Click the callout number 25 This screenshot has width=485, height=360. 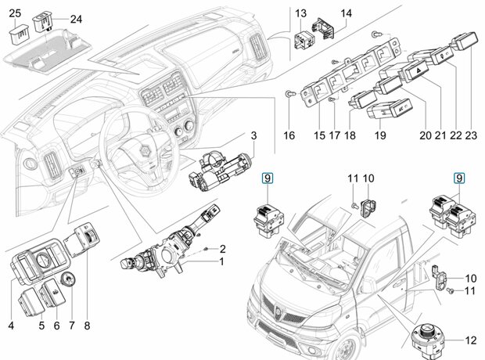(x=15, y=13)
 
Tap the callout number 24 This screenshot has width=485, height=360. (x=77, y=20)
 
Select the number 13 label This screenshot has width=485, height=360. (x=300, y=13)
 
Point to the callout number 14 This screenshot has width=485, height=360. (x=346, y=13)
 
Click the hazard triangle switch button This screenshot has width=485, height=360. (x=415, y=70)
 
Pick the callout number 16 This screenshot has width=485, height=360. (x=289, y=135)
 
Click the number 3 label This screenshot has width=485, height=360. (x=253, y=135)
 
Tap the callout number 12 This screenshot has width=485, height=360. (x=471, y=340)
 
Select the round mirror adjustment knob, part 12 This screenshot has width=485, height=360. (x=429, y=340)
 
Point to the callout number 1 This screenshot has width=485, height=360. (x=221, y=262)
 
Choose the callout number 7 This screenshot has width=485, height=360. (x=72, y=326)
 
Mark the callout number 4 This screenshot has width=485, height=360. (x=11, y=326)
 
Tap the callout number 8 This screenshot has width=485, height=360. (x=87, y=326)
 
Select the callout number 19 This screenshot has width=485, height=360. (x=380, y=135)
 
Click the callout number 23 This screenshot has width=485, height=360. (x=471, y=135)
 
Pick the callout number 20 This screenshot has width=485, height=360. (x=426, y=135)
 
